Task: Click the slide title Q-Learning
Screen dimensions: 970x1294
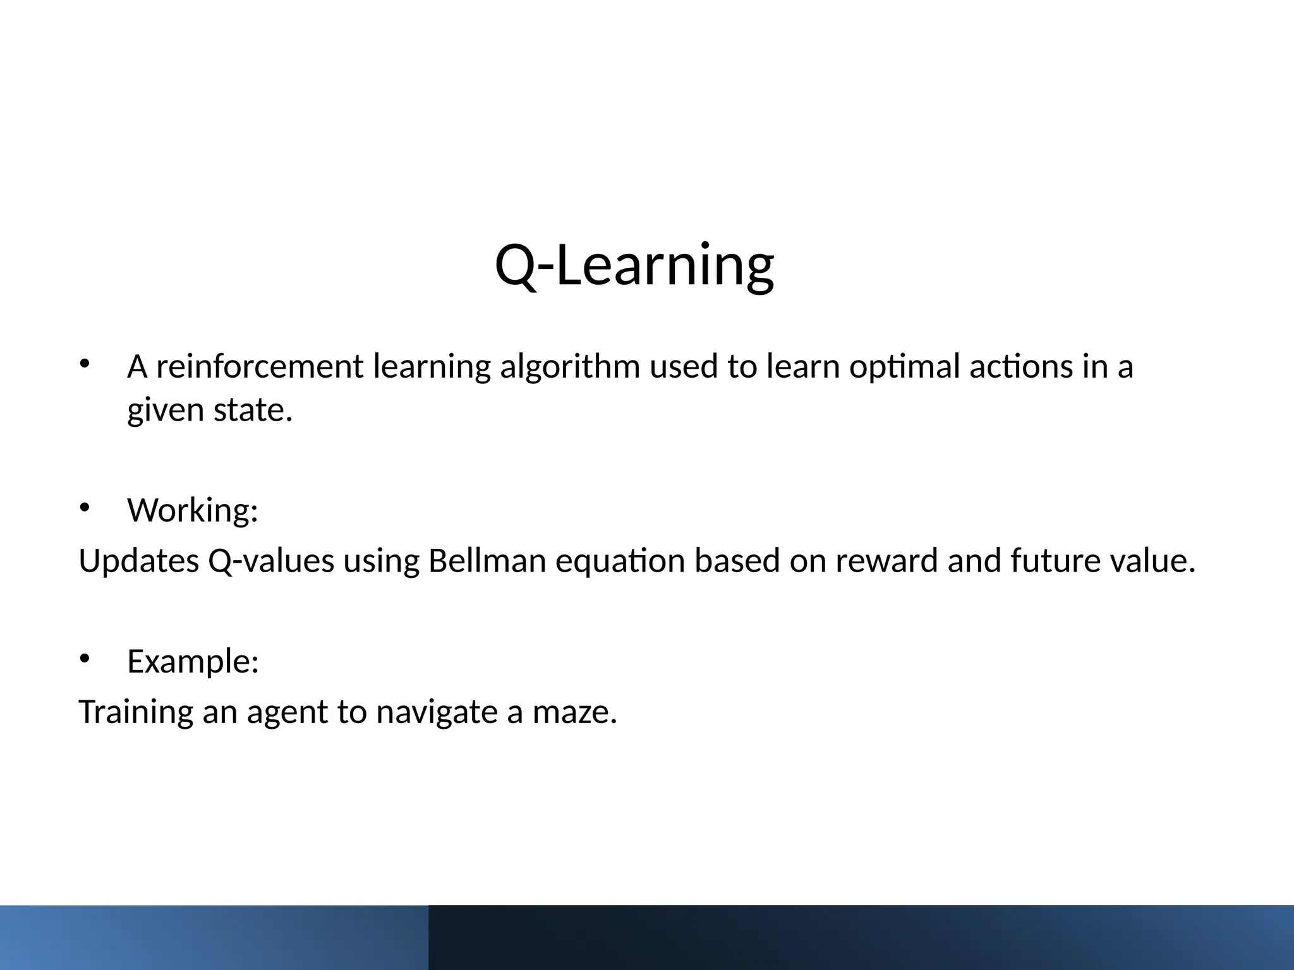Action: click(634, 265)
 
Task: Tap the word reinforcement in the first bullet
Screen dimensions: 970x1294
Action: click(260, 367)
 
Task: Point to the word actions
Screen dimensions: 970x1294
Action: click(1020, 367)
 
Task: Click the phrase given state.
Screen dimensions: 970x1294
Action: click(210, 410)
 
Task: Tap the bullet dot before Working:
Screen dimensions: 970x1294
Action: click(85, 507)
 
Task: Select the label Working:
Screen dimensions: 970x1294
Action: click(193, 510)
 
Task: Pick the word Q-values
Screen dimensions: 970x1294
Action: click(271, 561)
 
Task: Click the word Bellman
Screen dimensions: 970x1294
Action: click(487, 561)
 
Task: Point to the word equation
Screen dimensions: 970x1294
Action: click(620, 561)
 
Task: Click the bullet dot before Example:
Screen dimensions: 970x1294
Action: click(85, 659)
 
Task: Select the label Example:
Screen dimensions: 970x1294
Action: click(193, 662)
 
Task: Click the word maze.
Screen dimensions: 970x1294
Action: click(574, 712)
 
